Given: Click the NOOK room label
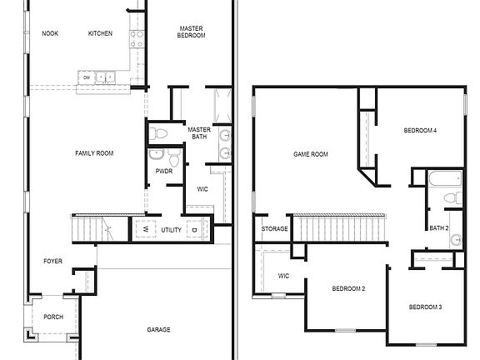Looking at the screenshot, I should tap(50, 33).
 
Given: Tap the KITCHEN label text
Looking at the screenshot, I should tap(100, 33).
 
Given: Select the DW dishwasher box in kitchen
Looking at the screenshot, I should tap(86, 78).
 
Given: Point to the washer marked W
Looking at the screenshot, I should tap(144, 228).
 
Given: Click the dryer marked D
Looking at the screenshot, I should tap(194, 228).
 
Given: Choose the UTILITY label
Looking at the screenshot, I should tap(171, 229).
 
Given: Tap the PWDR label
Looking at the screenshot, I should tap(163, 172).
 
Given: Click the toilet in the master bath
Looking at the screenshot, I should tap(159, 132).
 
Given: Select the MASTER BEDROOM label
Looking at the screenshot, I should tap(192, 32).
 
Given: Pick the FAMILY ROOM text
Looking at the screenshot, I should tap(94, 153).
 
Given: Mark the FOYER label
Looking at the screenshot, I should tap(52, 262).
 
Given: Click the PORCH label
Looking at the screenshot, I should tap(52, 317).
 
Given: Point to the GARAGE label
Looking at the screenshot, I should tap(158, 330).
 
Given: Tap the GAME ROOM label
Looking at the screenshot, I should tap(310, 154).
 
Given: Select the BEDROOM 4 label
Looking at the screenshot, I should tap(421, 131).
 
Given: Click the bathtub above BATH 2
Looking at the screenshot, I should tap(444, 177).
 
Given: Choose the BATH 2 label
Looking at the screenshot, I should tap(439, 227).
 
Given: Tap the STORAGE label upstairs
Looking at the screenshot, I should tap(275, 228).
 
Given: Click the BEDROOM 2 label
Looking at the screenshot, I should tap(348, 288).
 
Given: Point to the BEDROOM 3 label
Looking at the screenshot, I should tap(425, 307).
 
